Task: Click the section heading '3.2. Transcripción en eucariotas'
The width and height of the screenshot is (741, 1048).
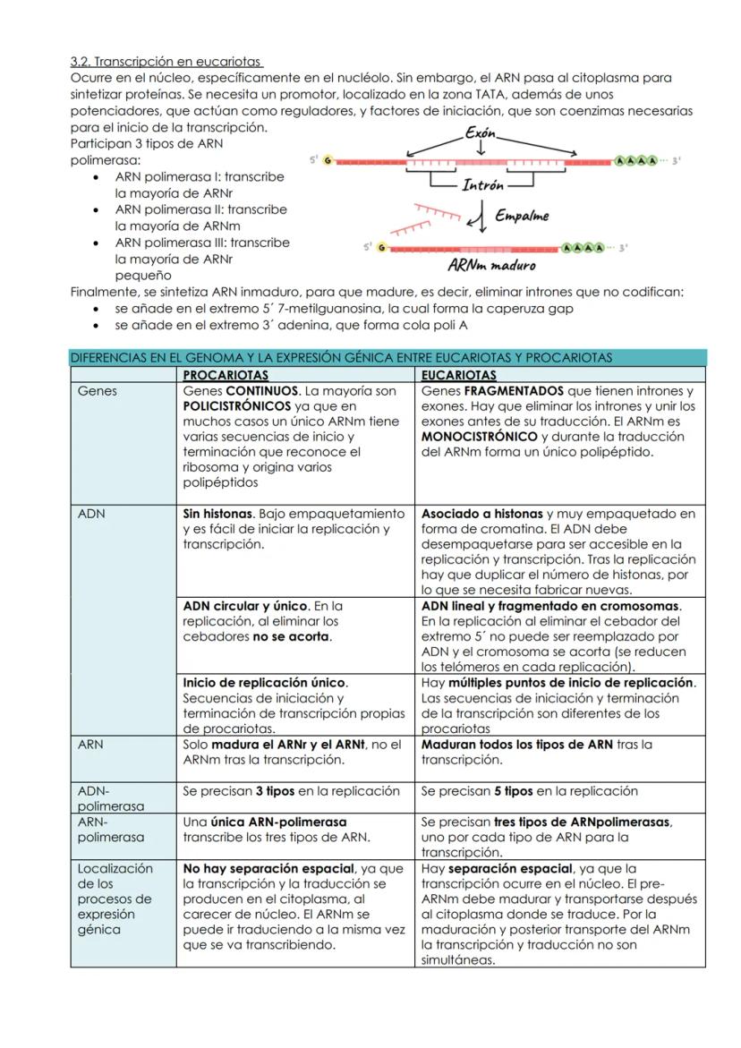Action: coord(166,62)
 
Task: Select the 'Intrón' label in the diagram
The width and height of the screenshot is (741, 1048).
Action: coord(482,185)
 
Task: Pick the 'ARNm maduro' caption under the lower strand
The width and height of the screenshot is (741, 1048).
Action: coord(491,265)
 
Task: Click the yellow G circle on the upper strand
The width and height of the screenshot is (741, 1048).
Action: coord(327,160)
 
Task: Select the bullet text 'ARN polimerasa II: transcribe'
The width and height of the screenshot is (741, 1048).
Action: coord(200,209)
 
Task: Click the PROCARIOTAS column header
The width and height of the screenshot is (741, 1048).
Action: coord(226,375)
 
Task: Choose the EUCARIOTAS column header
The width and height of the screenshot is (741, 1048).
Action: coord(458,375)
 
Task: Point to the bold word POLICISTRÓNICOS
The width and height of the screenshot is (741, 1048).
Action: coord(236,406)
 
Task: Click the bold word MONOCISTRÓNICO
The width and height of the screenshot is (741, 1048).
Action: coord(475,437)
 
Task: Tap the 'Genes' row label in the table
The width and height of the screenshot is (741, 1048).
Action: coord(97,391)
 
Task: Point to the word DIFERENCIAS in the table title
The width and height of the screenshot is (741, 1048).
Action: coord(107,358)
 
